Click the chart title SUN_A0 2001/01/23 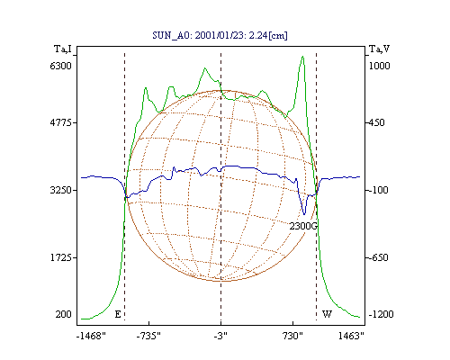[x=220, y=35]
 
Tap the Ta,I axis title [x=63, y=49]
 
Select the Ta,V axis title [x=379, y=49]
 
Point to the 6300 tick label [x=61, y=66]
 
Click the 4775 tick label [x=61, y=122]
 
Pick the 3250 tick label [x=61, y=190]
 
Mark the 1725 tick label [x=61, y=257]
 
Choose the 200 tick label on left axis [x=63, y=314]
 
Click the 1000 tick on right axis [x=379, y=66]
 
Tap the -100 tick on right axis [x=378, y=190]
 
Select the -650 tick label [x=378, y=257]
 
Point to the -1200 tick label [x=381, y=314]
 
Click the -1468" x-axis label [x=91, y=336]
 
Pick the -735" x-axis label [x=148, y=336]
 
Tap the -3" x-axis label [x=220, y=336]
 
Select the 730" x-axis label [x=292, y=336]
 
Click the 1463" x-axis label [x=351, y=336]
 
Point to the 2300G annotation [x=303, y=226]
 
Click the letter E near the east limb [x=118, y=314]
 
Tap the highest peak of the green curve [x=302, y=56]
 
